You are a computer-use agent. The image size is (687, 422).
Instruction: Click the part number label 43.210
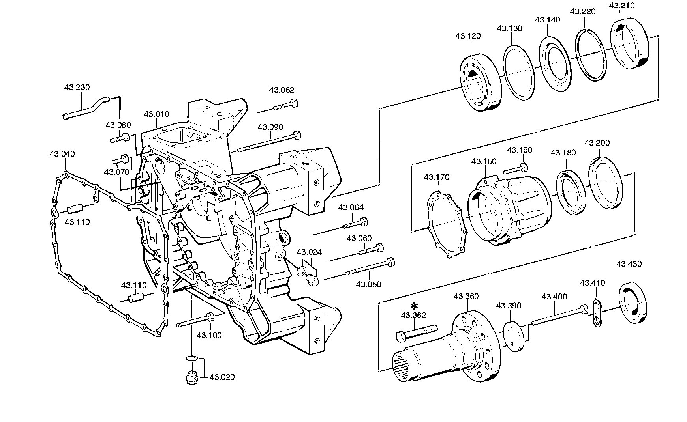[x=622, y=6]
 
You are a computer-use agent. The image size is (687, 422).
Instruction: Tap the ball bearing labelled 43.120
[x=481, y=82]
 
